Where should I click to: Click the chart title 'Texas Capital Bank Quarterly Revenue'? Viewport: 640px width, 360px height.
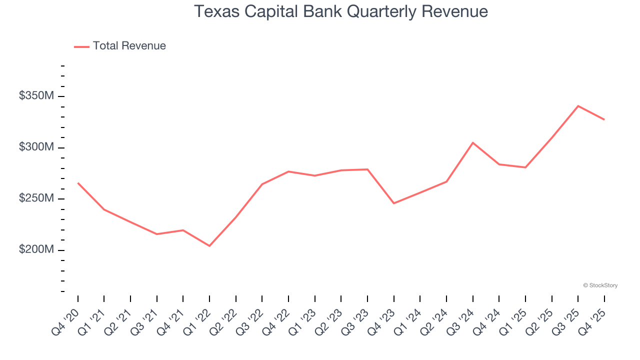[x=340, y=11]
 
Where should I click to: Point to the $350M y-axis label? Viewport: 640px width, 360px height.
[x=36, y=95]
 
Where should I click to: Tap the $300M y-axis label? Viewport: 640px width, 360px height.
[x=36, y=147]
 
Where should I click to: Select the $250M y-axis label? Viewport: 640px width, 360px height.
[x=36, y=198]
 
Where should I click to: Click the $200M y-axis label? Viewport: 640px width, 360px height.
[x=36, y=249]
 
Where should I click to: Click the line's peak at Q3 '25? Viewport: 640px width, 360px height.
[x=578, y=106]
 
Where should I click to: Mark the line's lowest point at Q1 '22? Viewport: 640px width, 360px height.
[x=209, y=246]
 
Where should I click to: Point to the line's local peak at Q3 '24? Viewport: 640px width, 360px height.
[x=472, y=143]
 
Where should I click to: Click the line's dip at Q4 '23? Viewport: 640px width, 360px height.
[x=393, y=203]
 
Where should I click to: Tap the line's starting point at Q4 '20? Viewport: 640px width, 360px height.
[x=78, y=183]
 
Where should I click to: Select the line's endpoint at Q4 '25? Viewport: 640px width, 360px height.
[x=604, y=119]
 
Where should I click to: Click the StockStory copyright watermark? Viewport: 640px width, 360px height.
[x=600, y=285]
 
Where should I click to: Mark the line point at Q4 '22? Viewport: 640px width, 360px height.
[x=288, y=171]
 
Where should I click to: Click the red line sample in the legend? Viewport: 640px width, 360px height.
[x=81, y=46]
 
